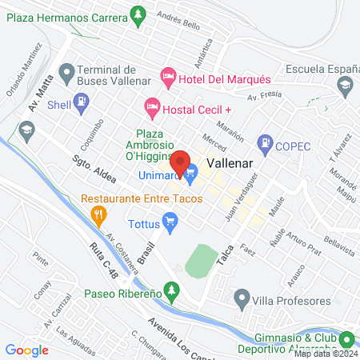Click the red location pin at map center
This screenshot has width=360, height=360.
point(180,162)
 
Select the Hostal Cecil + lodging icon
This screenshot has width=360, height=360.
point(151,106)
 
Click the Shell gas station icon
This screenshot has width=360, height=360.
point(81,102)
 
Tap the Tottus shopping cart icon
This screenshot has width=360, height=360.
point(169,219)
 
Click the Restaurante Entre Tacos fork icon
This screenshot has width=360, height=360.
point(99,214)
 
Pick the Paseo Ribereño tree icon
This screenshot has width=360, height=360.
point(169,288)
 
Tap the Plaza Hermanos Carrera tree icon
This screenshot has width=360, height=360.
point(138,14)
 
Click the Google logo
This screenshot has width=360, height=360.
point(26,350)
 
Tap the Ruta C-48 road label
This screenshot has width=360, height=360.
point(103,271)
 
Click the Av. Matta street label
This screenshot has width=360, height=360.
point(39,94)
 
